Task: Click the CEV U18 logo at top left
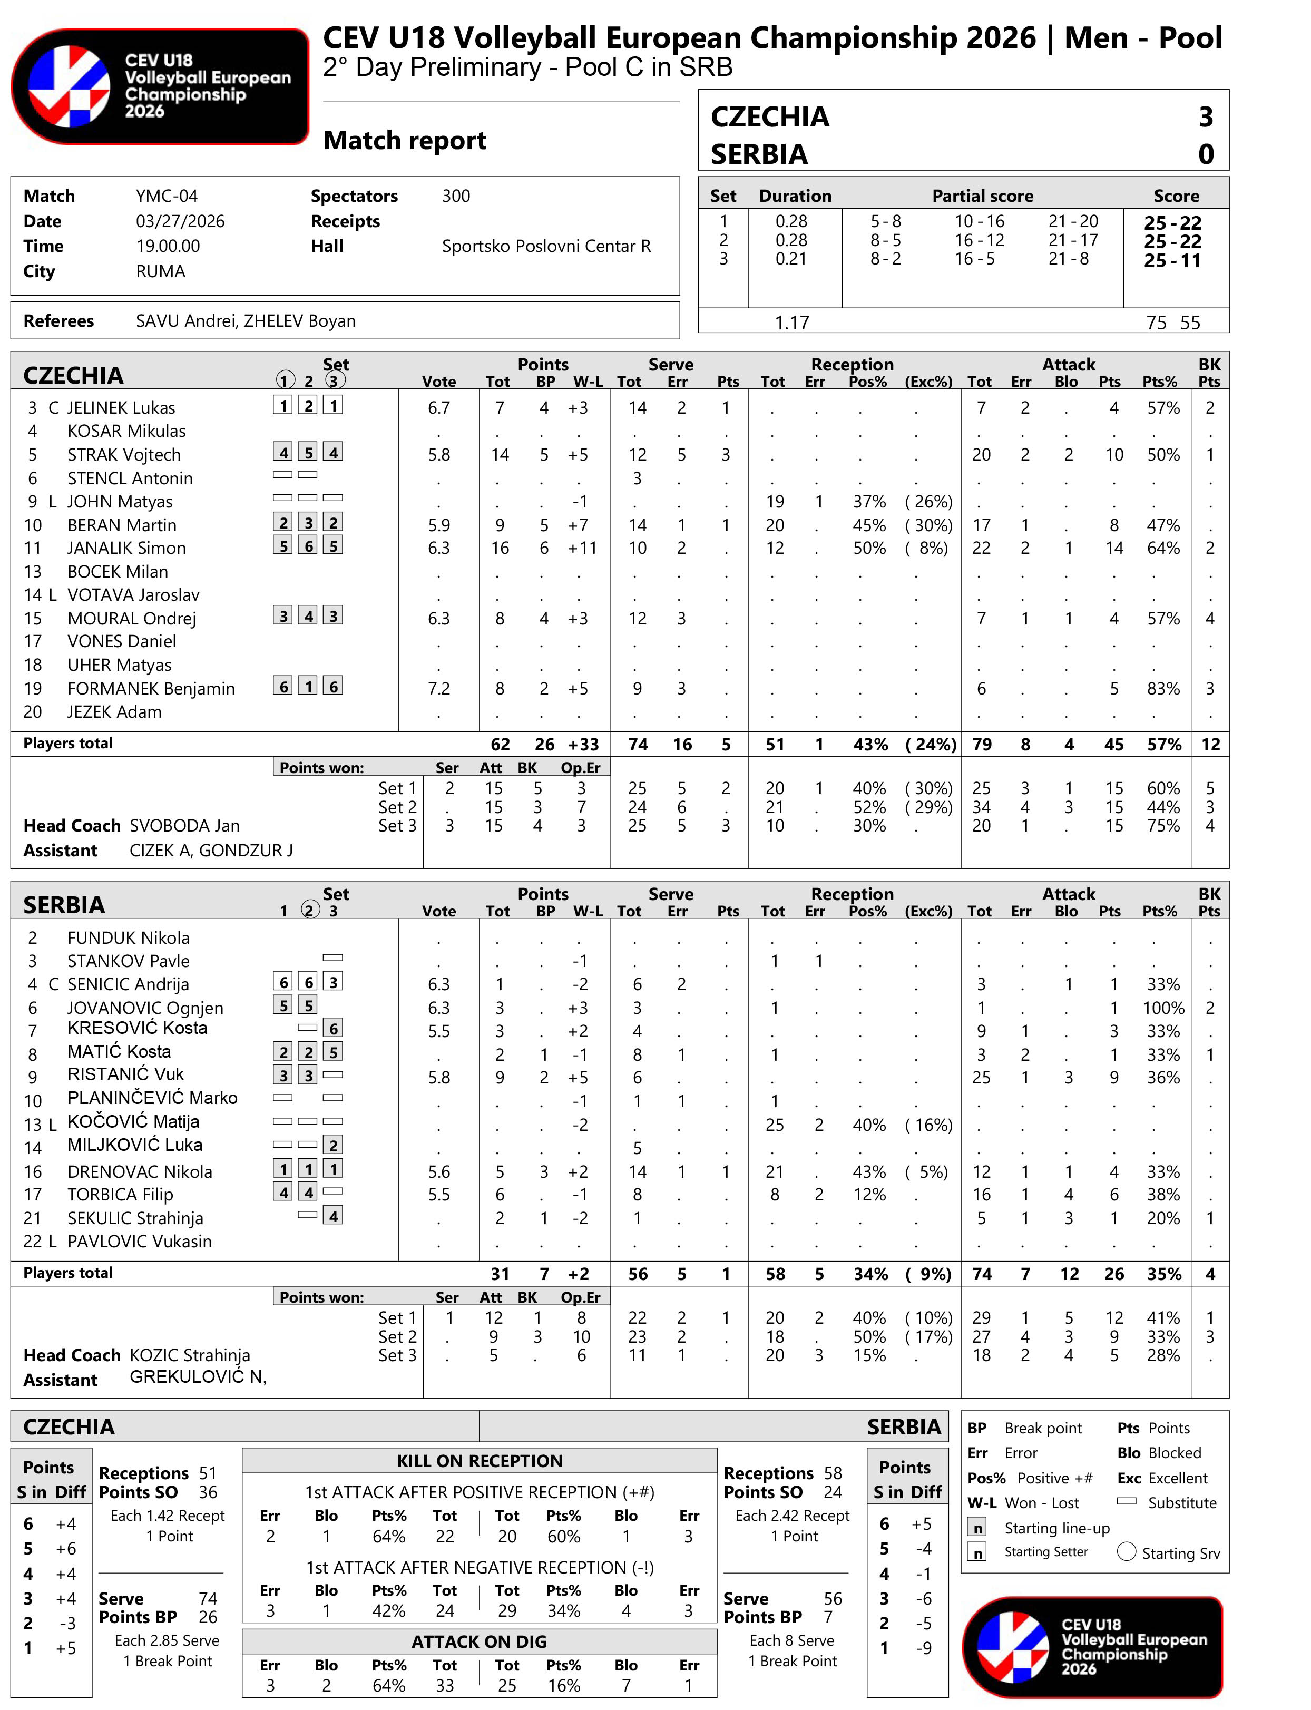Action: click(x=160, y=86)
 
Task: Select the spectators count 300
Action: click(x=456, y=196)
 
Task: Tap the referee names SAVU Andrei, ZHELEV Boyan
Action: click(x=245, y=321)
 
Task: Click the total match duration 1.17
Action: click(x=791, y=323)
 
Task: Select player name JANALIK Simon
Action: click(x=126, y=548)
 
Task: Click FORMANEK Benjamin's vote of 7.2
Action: click(x=438, y=688)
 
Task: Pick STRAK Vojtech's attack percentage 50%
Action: click(x=1163, y=455)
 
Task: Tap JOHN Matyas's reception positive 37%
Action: click(x=868, y=502)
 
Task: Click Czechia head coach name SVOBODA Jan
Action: click(x=184, y=826)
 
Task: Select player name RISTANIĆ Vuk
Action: click(x=125, y=1074)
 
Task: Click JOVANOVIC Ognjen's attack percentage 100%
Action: click(x=1163, y=1009)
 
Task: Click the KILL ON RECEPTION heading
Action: click(x=479, y=1461)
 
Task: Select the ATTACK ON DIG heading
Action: click(x=479, y=1642)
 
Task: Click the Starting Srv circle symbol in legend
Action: click(x=1126, y=1551)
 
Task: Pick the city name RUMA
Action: click(x=160, y=271)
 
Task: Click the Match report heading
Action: click(x=404, y=141)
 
